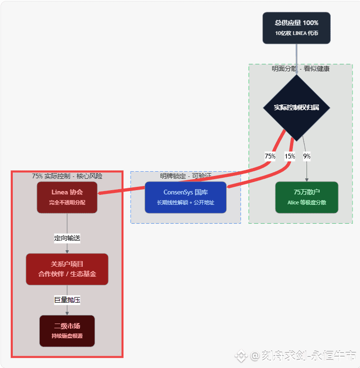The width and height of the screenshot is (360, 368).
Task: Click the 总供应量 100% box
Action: [296, 28]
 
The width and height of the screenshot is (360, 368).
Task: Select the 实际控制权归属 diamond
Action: [296, 107]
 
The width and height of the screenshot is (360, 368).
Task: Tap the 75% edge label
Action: [270, 156]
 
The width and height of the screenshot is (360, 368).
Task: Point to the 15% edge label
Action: [290, 156]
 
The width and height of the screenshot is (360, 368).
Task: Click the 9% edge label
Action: [307, 156]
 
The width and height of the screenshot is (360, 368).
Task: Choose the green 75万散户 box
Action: [307, 197]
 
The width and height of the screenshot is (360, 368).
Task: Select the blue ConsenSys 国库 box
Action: [185, 197]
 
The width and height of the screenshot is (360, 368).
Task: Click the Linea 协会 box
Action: [67, 197]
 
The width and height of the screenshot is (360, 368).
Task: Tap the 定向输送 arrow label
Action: [67, 238]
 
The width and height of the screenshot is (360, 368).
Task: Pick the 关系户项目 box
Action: [67, 269]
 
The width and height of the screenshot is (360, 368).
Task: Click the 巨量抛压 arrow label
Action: [67, 299]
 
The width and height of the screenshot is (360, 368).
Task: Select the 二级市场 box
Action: [67, 331]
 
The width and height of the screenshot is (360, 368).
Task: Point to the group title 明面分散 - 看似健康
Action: [300, 69]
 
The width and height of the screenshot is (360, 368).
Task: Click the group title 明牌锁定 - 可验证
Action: [185, 176]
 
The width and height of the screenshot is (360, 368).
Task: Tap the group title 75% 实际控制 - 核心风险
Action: [67, 176]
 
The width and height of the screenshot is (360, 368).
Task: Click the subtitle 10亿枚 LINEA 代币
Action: [297, 34]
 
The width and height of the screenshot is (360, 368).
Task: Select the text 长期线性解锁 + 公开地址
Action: [185, 202]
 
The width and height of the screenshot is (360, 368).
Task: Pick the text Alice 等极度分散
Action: [307, 202]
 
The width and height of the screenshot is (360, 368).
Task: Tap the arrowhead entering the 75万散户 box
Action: [307, 180]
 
